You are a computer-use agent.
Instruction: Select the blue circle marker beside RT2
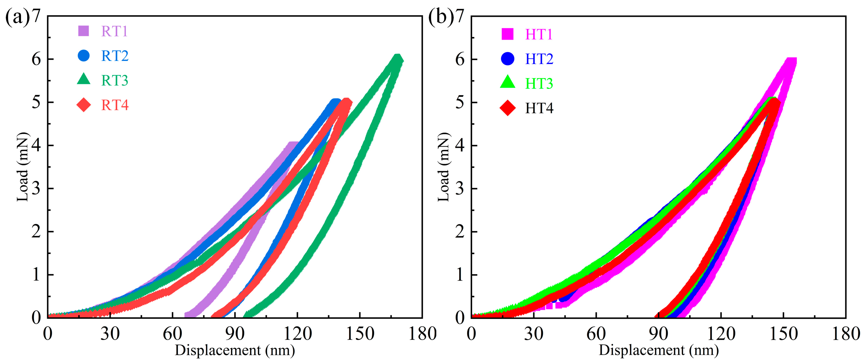point(83,55)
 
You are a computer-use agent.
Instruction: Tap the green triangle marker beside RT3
point(83,80)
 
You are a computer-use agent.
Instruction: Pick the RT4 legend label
point(115,105)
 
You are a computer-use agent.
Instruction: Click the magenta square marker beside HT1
point(507,34)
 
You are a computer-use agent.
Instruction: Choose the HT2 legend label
point(539,59)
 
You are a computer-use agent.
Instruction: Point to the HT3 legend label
point(539,83)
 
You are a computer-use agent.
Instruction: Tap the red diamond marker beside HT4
point(507,108)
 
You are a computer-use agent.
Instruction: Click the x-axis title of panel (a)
point(235,350)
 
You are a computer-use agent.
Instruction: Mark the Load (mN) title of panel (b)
point(443,167)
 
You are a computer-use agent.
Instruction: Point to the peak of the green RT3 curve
point(398,59)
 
